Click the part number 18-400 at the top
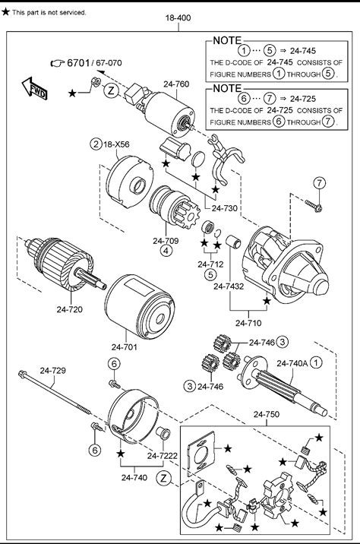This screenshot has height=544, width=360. (178, 17)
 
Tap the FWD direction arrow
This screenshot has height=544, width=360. (34, 88)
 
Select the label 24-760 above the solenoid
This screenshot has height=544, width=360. (176, 84)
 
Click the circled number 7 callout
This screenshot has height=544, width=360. (320, 182)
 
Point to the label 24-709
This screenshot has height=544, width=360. (166, 240)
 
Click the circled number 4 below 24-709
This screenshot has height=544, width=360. (166, 251)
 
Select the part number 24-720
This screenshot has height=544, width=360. (70, 308)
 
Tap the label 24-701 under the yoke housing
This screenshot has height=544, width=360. (124, 346)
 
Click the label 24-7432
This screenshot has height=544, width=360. (229, 286)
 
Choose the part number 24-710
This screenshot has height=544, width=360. (248, 323)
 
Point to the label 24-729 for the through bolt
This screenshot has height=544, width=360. (52, 371)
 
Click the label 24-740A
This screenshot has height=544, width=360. (292, 363)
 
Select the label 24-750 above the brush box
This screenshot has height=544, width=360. (267, 414)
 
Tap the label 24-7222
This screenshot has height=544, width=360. (162, 456)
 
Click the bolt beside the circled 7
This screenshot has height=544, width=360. (314, 206)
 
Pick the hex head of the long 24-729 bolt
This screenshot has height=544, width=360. (23, 374)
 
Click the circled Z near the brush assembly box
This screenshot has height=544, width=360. (164, 478)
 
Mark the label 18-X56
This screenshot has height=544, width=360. (116, 144)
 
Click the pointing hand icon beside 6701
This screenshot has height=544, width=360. (57, 63)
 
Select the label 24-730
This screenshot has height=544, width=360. (225, 208)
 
